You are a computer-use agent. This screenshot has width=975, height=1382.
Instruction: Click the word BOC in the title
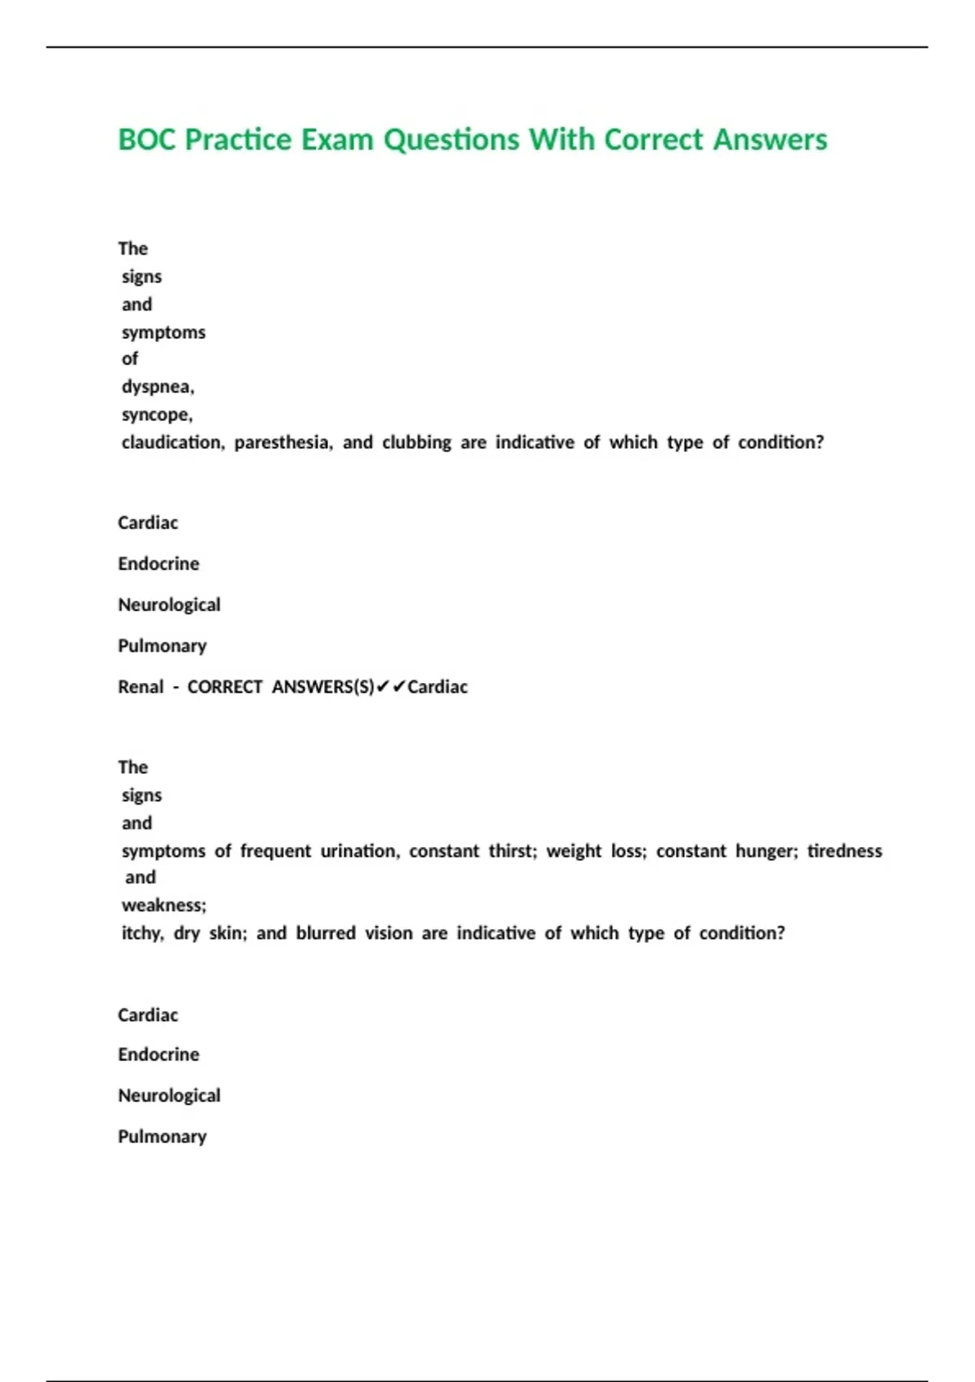(x=147, y=140)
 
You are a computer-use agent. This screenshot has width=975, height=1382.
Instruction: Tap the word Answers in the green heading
(x=770, y=140)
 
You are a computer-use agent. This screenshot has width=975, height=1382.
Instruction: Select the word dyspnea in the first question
(x=158, y=387)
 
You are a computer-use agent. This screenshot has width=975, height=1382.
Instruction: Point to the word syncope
(x=157, y=415)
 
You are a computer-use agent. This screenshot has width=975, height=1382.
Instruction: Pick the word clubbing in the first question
(x=417, y=442)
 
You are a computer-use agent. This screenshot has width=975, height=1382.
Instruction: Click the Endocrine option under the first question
(x=158, y=563)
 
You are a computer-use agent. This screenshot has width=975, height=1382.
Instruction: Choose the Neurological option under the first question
(x=169, y=605)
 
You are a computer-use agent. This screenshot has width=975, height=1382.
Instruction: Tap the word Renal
(x=141, y=687)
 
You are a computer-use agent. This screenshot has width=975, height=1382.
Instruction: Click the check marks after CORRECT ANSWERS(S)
(x=391, y=687)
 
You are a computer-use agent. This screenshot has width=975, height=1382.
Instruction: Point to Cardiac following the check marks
(x=438, y=687)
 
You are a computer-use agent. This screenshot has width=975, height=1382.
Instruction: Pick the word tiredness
(x=844, y=851)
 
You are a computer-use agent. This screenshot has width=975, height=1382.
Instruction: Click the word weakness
(x=164, y=906)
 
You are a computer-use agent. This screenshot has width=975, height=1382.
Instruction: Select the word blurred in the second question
(x=326, y=933)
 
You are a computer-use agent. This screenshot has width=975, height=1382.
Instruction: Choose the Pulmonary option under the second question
(x=162, y=1136)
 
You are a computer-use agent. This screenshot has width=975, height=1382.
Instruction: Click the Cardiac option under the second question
(x=148, y=1015)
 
